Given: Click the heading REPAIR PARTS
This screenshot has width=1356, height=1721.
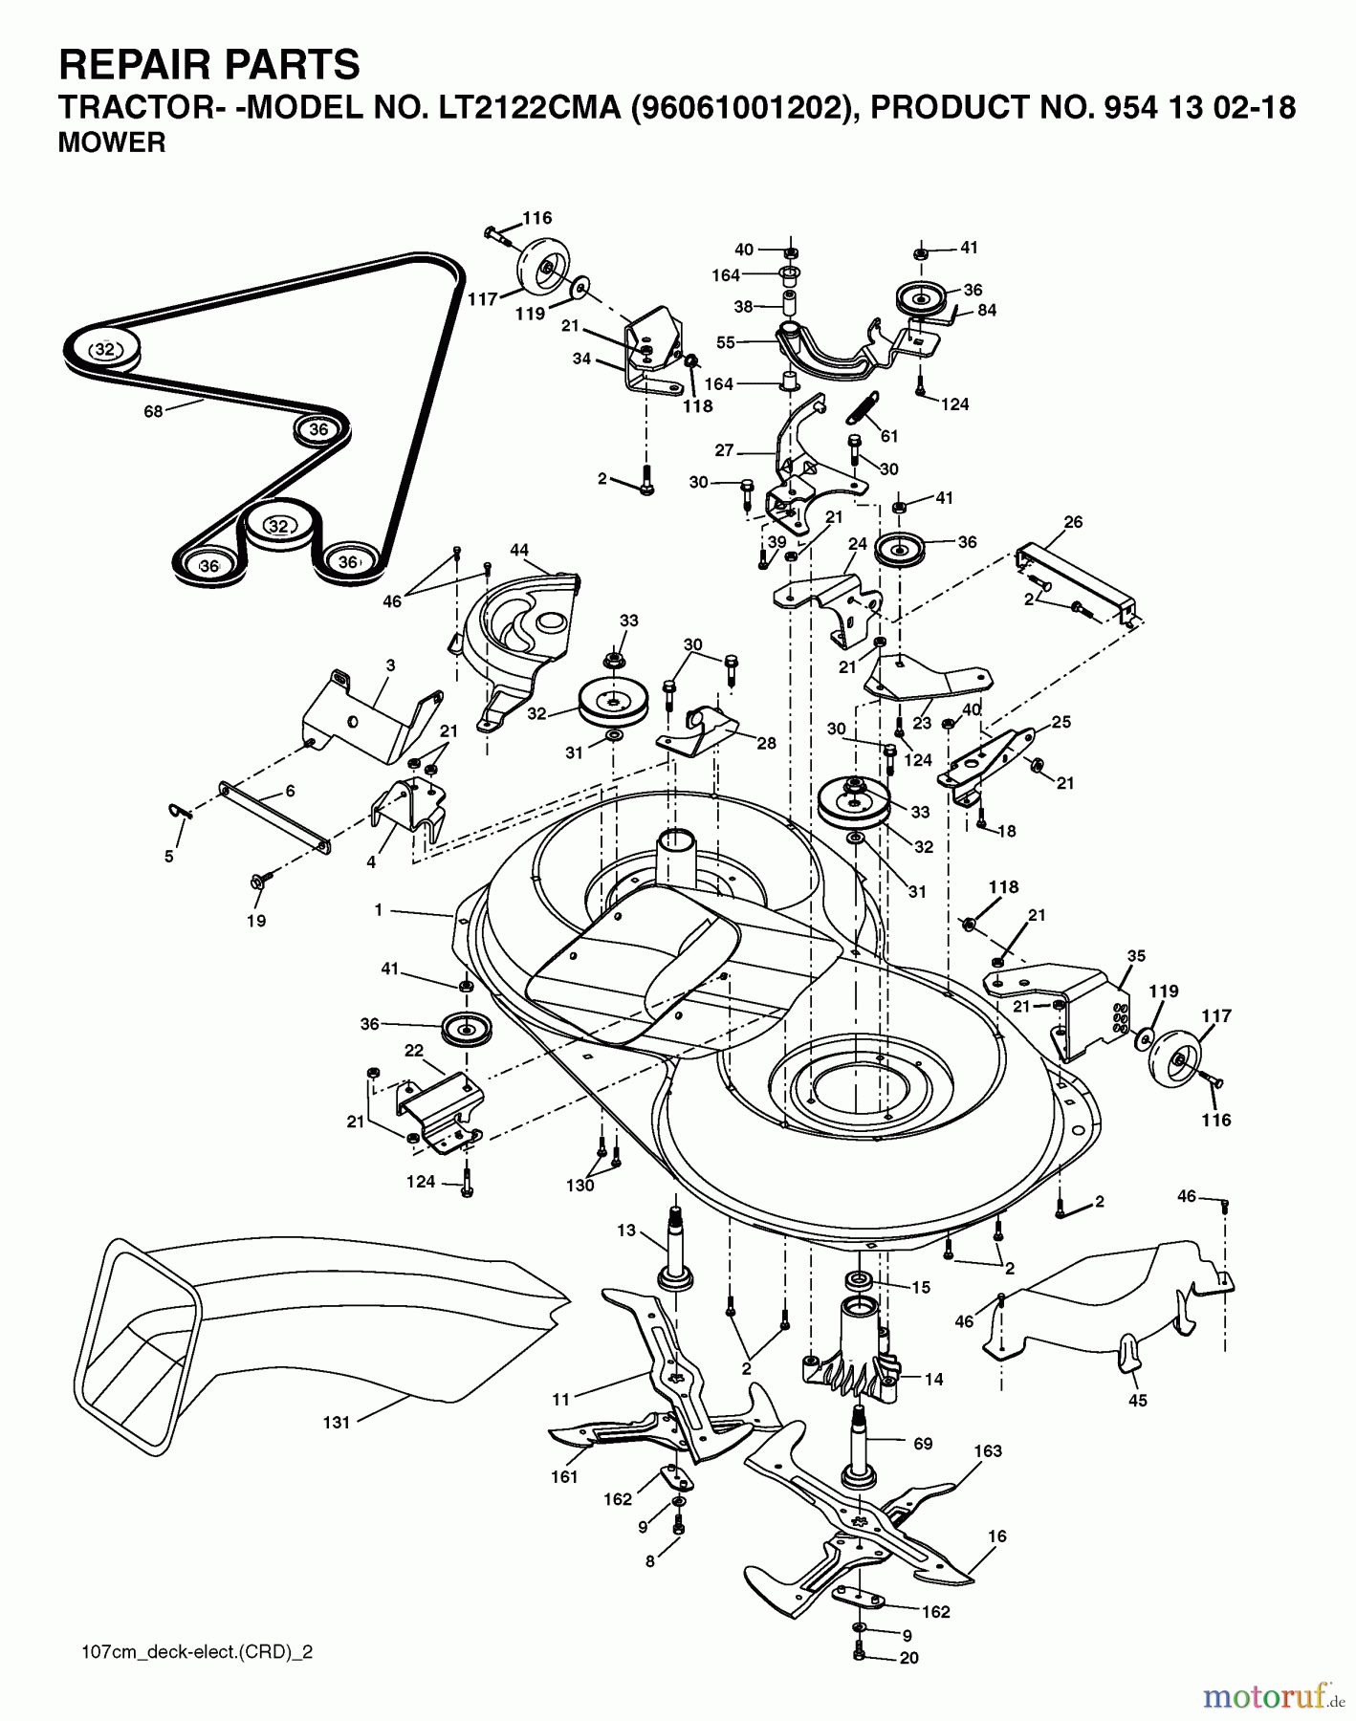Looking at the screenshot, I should [x=209, y=65].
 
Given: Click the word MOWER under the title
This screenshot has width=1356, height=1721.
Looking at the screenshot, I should [x=112, y=143].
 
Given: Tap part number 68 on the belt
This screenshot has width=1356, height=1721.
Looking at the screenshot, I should [x=153, y=411].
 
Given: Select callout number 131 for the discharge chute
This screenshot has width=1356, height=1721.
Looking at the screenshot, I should [x=336, y=1422].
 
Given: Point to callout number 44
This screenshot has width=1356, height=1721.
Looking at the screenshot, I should [x=519, y=551].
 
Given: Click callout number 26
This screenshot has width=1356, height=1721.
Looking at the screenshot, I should [x=1073, y=522].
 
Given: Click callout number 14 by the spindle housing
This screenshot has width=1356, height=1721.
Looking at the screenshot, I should [x=933, y=1379].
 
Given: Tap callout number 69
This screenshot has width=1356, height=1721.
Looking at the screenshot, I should [x=922, y=1444].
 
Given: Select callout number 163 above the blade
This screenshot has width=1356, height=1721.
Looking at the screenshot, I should [x=988, y=1451].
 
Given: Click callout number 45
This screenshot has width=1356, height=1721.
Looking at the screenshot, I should [x=1138, y=1401].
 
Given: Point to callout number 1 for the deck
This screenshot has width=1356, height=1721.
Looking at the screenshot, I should [x=379, y=910].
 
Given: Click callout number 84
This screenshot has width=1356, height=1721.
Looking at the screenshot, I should [x=986, y=311].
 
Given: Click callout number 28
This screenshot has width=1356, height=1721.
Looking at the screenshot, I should [x=766, y=743].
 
